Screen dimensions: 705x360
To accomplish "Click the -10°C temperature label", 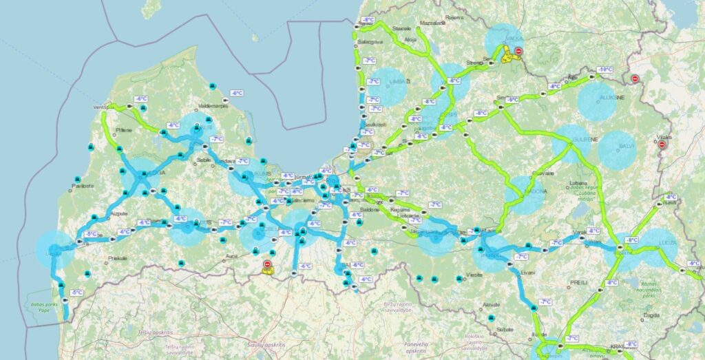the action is (605, 70).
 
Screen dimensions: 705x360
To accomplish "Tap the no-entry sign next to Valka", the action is (518, 51).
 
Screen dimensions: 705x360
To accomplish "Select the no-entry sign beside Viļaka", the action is (662, 145).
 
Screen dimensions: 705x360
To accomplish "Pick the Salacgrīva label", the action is (370, 42).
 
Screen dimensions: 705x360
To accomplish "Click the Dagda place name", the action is (651, 315).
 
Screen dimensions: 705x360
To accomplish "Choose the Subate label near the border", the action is (505, 330).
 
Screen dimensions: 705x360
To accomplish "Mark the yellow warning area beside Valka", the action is (510, 55).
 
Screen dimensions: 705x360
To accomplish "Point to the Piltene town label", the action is (124, 129).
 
